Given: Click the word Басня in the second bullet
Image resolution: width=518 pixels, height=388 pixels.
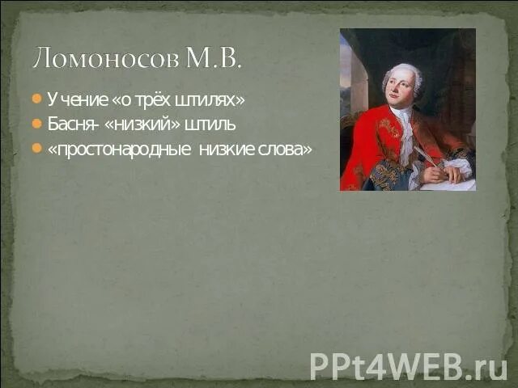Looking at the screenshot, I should [70, 124].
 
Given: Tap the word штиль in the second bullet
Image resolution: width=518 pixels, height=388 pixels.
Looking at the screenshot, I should [210, 124].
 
